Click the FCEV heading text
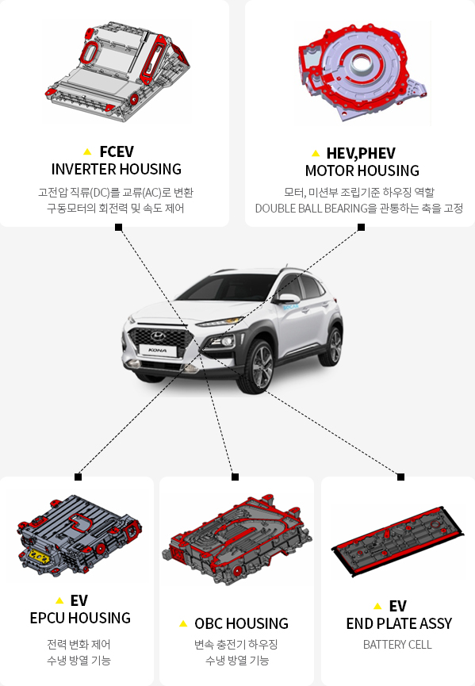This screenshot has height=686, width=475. tap(117, 151)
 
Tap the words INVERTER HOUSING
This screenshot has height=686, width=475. tap(117, 169)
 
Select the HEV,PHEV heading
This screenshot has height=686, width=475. tap(361, 153)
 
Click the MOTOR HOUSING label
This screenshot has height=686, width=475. tap(362, 171)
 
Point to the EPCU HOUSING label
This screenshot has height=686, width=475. tap(80, 618)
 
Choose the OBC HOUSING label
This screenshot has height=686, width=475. tap(241, 623)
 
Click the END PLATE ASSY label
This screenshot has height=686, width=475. tap(399, 623)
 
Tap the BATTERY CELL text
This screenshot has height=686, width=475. tap(397, 645)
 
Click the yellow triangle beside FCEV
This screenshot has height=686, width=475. tap(87, 151)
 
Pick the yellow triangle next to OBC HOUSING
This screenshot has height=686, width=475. tap(183, 623)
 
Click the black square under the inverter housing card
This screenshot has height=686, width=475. tap(118, 227)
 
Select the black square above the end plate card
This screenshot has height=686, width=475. tap(400, 477)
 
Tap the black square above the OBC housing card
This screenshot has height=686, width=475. tap(235, 477)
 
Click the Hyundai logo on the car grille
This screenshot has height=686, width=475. tap(159, 336)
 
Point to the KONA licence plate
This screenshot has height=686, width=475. tap(158, 350)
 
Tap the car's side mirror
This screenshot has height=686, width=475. tap(287, 298)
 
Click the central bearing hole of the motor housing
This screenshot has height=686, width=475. tap(361, 64)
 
